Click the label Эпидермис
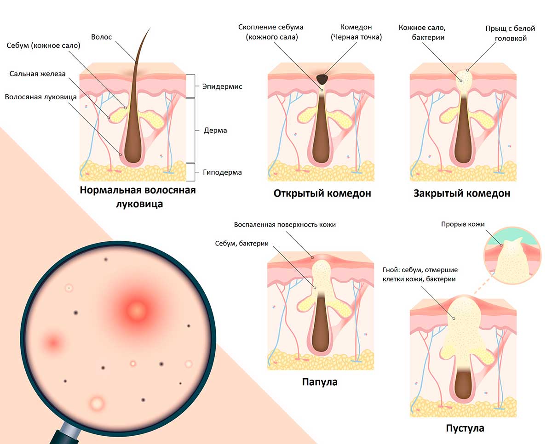222,87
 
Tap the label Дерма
215,131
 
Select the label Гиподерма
222,172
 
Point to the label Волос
101,37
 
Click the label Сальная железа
37,74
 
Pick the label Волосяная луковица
41,97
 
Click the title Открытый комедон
322,194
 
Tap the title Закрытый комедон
462,194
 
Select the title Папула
320,382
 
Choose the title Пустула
465,428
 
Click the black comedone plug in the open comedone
322,79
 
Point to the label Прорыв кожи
463,224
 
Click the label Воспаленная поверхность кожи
285,225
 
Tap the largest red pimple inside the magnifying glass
137,311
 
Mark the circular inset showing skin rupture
512,256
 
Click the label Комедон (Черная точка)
356,32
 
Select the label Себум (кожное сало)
43,46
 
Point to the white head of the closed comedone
464,80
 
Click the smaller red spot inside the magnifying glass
54,342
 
